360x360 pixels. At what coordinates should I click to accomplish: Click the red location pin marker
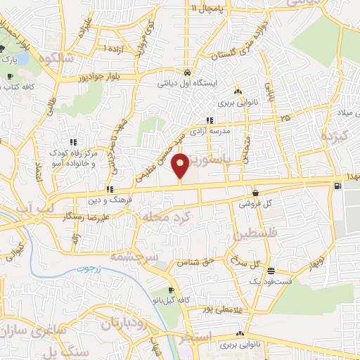tap(181, 166)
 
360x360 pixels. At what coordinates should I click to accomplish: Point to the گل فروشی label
tap(257, 203)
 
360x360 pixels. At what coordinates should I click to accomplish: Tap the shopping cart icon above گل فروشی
tap(254, 192)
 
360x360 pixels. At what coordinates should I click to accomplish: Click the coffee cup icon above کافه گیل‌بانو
tap(171, 290)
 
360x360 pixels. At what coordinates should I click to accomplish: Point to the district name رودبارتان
tap(112, 323)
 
